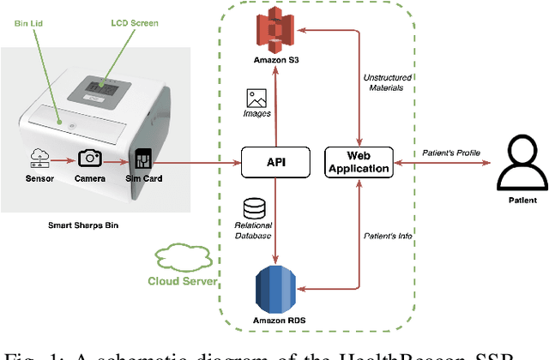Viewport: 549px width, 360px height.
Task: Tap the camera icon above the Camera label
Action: point(90,159)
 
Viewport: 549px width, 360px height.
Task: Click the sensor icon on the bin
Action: point(39,159)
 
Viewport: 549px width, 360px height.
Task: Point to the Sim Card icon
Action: point(142,159)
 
